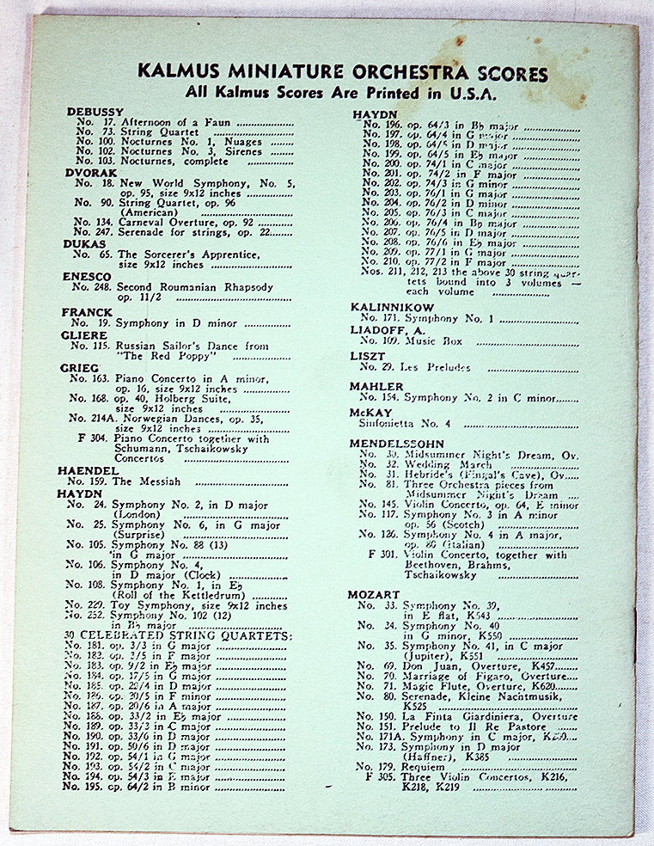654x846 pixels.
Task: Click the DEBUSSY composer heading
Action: [x=95, y=112]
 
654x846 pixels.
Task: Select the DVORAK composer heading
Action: [x=89, y=173]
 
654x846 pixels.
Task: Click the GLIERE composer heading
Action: [x=84, y=335]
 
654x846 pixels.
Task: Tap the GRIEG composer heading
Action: [x=80, y=368]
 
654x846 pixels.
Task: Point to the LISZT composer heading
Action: [x=368, y=356]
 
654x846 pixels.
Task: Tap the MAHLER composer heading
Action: [x=376, y=387]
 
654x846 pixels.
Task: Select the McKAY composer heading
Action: [x=370, y=413]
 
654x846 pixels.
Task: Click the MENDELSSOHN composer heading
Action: [x=395, y=443]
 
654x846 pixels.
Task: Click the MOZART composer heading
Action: [x=374, y=595]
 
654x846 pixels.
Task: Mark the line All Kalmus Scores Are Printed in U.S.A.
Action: [x=342, y=93]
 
